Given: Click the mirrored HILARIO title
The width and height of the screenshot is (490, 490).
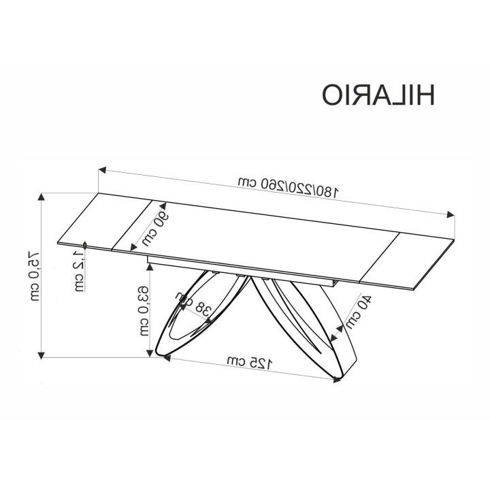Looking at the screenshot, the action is tap(378, 95).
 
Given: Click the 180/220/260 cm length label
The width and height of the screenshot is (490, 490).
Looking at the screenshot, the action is tap(288, 186).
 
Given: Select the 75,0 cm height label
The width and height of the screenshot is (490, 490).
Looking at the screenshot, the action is tap(35, 276).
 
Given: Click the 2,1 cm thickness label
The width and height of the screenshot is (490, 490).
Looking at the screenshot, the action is tap(79, 271).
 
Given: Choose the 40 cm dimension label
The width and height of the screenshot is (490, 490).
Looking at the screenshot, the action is tap(359, 312).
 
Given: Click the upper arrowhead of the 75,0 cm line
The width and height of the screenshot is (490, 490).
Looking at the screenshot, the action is tap(41, 197).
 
